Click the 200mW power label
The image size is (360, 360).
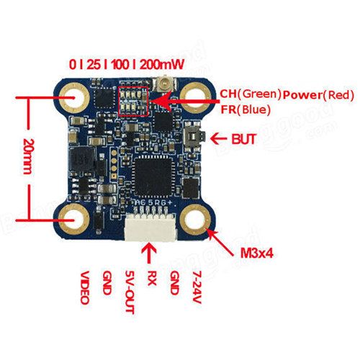[x=162, y=64]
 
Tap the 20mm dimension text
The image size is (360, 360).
[x=29, y=156]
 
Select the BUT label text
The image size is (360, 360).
[x=243, y=139]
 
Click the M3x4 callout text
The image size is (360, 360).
[x=257, y=253]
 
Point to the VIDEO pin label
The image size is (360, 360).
[x=84, y=288]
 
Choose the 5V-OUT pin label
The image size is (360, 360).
[x=130, y=292]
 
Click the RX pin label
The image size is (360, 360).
[x=151, y=279]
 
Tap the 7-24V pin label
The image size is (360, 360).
[x=197, y=287]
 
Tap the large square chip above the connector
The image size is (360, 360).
[x=153, y=176]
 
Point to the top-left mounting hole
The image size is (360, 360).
[x=74, y=98]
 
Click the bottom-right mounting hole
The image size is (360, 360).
[x=196, y=220]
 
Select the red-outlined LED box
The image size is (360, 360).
[x=134, y=102]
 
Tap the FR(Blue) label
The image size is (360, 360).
[x=246, y=109]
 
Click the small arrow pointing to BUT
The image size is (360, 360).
[x=218, y=139]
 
